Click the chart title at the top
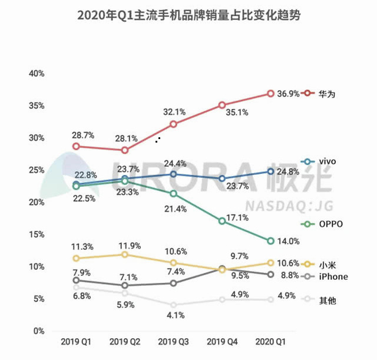(188, 15)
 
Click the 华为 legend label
(328, 94)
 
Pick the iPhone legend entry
(333, 277)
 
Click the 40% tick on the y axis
(37, 74)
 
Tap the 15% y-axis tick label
(37, 235)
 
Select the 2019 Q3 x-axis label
(173, 341)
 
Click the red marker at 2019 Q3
(173, 124)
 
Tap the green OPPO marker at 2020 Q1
(270, 240)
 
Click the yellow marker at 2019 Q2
(124, 255)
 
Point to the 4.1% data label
(176, 315)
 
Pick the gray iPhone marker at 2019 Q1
(76, 280)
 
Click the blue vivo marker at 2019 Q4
(221, 178)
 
